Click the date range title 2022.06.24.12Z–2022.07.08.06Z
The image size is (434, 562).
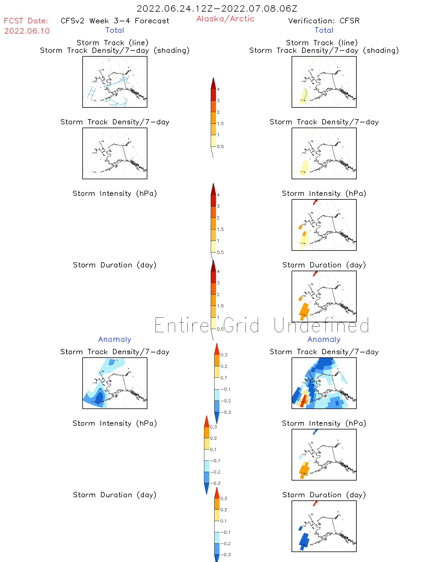click(x=217, y=9)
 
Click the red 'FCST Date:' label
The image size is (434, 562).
click(x=26, y=21)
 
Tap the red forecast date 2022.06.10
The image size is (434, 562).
click(x=27, y=31)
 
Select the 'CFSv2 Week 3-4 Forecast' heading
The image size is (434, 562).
click(x=115, y=21)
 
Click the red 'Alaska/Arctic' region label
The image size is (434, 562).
click(x=225, y=19)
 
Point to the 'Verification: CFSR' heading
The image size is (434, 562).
click(x=324, y=21)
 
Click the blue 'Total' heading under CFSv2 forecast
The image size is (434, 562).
click(x=115, y=30)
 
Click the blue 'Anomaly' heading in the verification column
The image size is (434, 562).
click(x=324, y=340)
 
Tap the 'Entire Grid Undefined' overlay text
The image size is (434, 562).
click(x=262, y=326)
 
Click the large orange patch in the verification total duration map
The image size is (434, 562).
click(x=304, y=310)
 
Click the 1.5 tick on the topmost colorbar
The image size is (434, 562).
click(x=220, y=124)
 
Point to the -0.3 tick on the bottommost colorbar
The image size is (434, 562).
click(x=225, y=555)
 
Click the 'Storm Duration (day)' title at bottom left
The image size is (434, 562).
click(x=115, y=495)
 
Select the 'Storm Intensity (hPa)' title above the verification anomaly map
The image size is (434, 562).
click(x=324, y=424)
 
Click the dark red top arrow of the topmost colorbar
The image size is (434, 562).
click(x=213, y=83)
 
